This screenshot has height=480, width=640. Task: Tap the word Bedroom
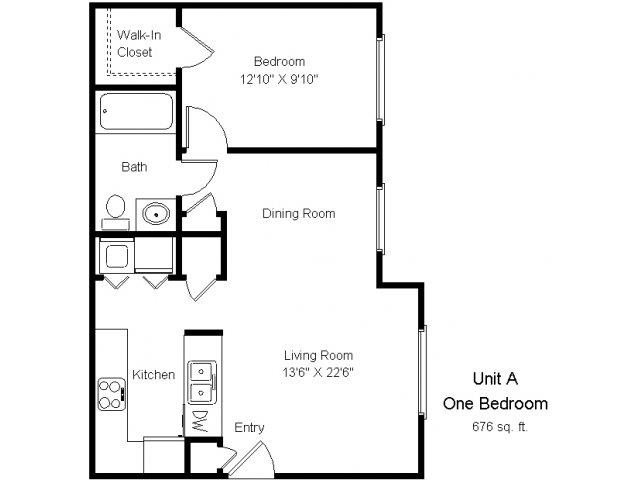pyautogui.click(x=278, y=62)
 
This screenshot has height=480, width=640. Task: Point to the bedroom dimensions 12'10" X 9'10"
pyautogui.click(x=279, y=78)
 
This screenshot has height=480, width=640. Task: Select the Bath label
pyautogui.click(x=135, y=167)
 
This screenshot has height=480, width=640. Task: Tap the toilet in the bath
pyautogui.click(x=114, y=209)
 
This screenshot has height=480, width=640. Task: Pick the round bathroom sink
pyautogui.click(x=154, y=212)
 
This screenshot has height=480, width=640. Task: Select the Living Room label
pyautogui.click(x=318, y=355)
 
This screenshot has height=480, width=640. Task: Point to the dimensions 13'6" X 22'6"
pyautogui.click(x=318, y=372)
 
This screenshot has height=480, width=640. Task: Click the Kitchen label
pyautogui.click(x=154, y=375)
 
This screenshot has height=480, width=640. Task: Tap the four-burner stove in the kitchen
pyautogui.click(x=110, y=392)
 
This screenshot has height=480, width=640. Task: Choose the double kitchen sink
pyautogui.click(x=201, y=378)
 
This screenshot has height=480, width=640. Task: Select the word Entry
pyautogui.click(x=249, y=428)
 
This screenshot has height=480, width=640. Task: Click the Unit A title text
pyautogui.click(x=496, y=379)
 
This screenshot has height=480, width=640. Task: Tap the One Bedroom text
pyautogui.click(x=496, y=404)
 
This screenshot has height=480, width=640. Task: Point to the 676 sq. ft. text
pyautogui.click(x=497, y=427)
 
